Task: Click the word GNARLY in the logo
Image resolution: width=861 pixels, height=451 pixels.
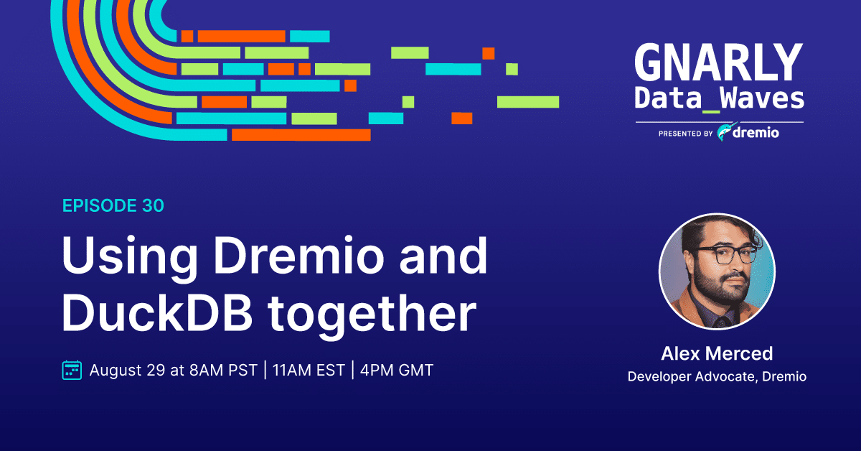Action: pyautogui.click(x=719, y=62)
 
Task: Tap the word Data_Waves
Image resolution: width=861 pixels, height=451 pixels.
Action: pyautogui.click(x=719, y=98)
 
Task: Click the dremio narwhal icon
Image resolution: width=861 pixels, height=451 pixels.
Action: pyautogui.click(x=725, y=132)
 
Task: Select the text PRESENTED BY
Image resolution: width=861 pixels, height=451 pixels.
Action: pyautogui.click(x=686, y=134)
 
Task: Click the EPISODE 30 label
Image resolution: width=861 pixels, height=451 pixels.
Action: pyautogui.click(x=113, y=205)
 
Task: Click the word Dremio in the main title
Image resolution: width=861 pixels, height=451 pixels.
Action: pyautogui.click(x=299, y=256)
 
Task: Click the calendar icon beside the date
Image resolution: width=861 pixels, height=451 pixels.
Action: pyautogui.click(x=72, y=370)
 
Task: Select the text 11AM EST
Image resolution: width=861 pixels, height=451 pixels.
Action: pyautogui.click(x=309, y=370)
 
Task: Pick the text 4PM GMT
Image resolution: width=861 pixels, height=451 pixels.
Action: pyautogui.click(x=397, y=370)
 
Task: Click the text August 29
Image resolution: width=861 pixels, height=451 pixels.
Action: pyautogui.click(x=127, y=371)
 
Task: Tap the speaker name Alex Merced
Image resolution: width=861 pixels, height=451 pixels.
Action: pyautogui.click(x=717, y=353)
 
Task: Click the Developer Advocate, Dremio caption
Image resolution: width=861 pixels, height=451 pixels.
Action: pyautogui.click(x=717, y=376)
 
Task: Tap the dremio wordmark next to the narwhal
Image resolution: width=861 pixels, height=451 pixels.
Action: pyautogui.click(x=756, y=132)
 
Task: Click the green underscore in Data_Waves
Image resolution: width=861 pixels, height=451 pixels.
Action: pyautogui.click(x=711, y=111)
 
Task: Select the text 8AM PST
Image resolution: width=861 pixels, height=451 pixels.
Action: pyautogui.click(x=223, y=370)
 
